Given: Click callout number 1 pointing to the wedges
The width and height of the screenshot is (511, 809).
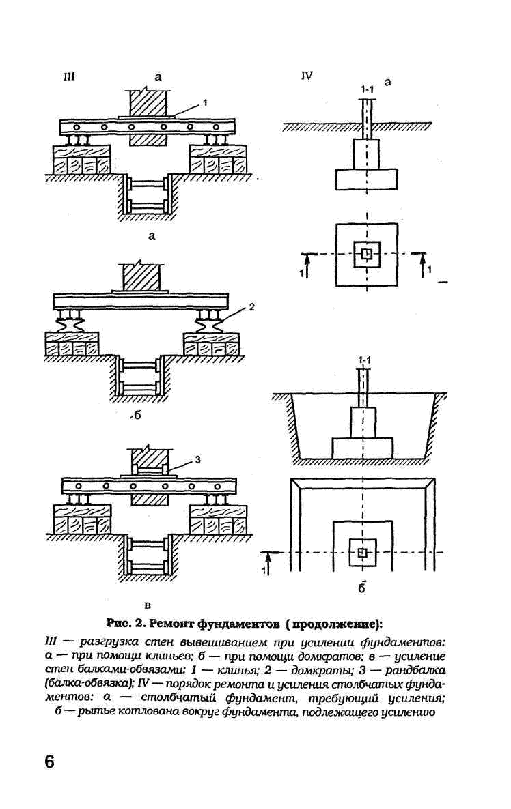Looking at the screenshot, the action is point(205,102).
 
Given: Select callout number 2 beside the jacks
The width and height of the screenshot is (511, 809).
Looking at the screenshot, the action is point(252,307).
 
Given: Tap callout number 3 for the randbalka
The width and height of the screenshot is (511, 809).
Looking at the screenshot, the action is point(198,460).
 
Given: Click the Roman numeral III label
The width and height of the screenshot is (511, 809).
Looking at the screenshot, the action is point(69,77).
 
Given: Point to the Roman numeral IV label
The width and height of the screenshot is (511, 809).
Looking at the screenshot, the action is point(307,76).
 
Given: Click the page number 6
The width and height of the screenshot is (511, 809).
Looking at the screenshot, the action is point(50,771).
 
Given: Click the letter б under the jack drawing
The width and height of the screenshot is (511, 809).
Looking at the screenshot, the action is point(137,415).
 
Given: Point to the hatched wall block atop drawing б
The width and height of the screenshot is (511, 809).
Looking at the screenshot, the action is point(141,277).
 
